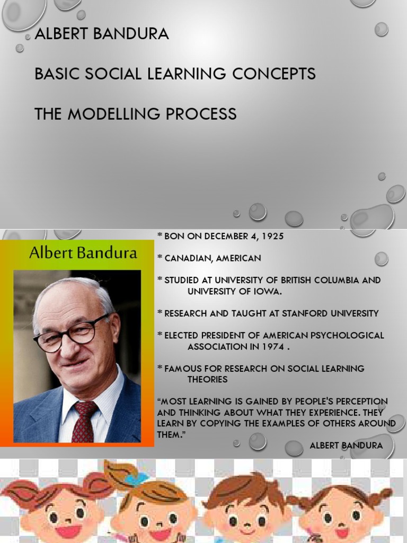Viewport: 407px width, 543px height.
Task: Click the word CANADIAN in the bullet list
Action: [190, 258]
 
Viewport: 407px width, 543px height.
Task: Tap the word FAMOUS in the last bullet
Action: [182, 369]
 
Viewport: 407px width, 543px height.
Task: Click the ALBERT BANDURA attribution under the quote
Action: [346, 445]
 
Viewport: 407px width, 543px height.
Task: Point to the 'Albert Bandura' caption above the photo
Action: [83, 253]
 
